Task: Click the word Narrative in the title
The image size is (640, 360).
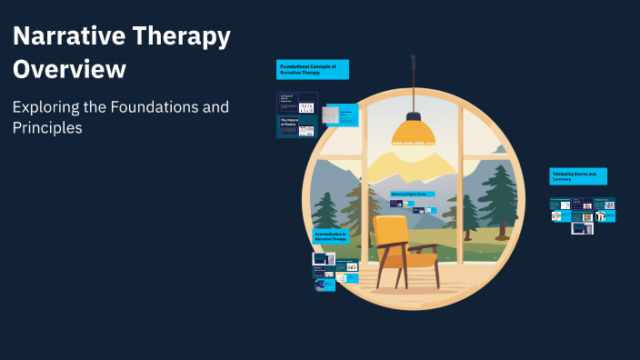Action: pos(69,37)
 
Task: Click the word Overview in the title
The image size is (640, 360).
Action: pos(69,69)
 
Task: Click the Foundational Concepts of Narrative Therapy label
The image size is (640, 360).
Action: pos(312,69)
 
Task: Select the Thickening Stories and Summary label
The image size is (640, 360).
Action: pos(577,175)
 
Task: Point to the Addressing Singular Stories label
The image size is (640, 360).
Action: pos(413,194)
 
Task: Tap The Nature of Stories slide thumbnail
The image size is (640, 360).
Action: pos(297,126)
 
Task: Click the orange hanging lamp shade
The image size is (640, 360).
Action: pos(415,133)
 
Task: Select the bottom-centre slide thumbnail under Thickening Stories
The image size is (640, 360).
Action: pos(582,229)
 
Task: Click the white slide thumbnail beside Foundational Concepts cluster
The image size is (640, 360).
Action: pos(332,115)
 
